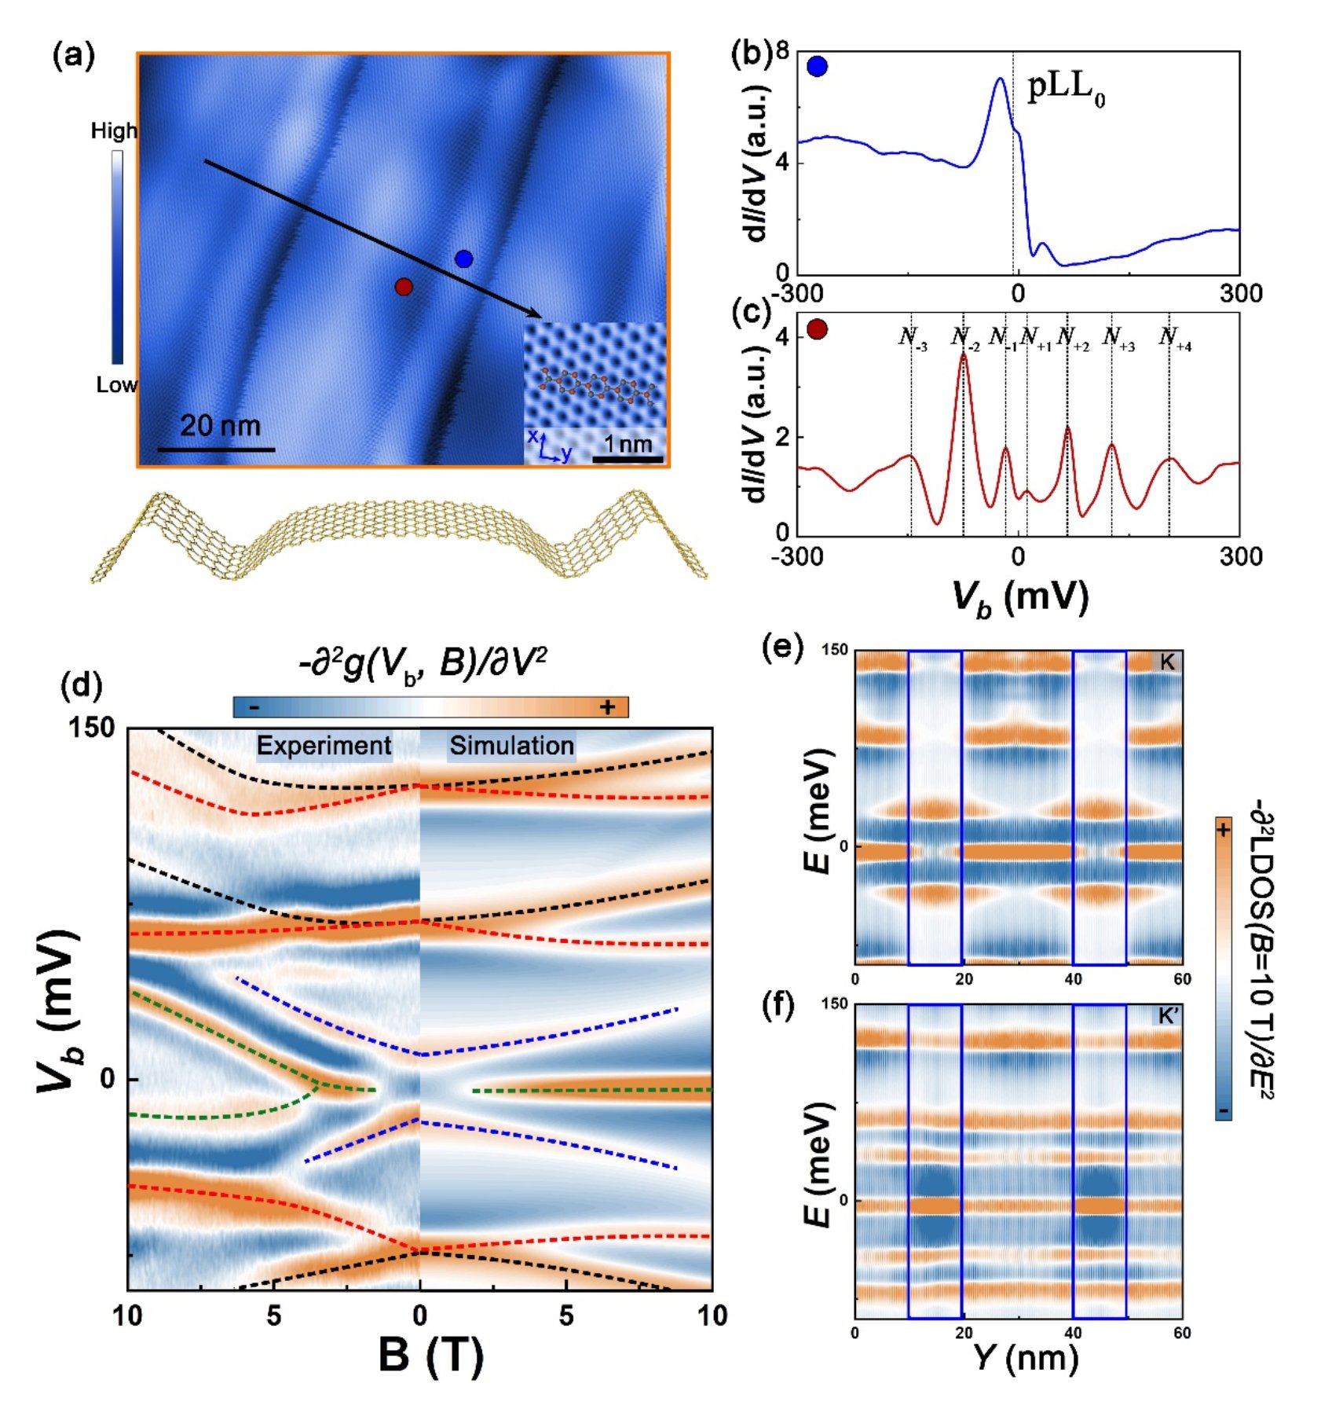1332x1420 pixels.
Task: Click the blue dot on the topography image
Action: (463, 259)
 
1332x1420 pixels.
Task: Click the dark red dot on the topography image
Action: (404, 287)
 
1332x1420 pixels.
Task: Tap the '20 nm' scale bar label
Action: (220, 426)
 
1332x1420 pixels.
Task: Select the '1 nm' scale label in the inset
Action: (628, 444)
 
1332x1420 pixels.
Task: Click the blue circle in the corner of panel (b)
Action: (817, 67)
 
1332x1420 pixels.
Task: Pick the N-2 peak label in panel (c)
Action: (964, 338)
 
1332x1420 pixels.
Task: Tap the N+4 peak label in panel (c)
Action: (1174, 338)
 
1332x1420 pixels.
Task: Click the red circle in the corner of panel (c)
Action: (817, 328)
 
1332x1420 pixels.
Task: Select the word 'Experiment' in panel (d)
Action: (324, 745)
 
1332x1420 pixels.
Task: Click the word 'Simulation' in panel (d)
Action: (511, 745)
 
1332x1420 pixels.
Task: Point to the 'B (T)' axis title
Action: (430, 1356)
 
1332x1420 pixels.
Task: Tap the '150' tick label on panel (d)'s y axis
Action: (91, 728)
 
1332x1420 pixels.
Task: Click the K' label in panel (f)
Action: (1167, 1016)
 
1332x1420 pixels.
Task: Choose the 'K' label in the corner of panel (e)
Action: (1167, 662)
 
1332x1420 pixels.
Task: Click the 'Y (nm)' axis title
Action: (1026, 1357)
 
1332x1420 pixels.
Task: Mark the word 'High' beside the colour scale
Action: (114, 130)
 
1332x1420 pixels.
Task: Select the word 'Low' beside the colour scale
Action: (116, 384)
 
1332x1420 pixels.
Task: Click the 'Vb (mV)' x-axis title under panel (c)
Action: (1020, 597)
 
